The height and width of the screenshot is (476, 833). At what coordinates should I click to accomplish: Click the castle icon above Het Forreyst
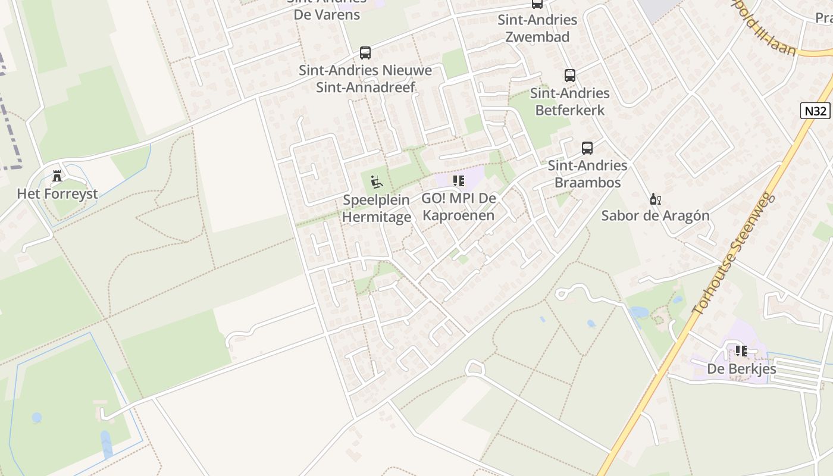57,176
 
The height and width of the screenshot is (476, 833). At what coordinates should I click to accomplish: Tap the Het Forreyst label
57,194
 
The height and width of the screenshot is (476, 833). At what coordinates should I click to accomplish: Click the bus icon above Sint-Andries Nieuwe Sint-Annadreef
365,53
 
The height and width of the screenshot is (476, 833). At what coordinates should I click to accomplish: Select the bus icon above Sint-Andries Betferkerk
569,76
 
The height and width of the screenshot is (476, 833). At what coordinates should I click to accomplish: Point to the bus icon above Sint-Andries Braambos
587,148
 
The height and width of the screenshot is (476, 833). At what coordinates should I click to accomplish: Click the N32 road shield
815,111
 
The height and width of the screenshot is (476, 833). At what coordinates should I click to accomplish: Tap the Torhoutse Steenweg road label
734,254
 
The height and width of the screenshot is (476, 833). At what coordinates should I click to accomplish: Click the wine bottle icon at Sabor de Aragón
655,199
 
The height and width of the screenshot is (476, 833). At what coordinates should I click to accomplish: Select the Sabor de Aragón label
655,215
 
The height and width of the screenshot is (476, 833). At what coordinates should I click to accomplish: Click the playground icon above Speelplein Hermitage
377,181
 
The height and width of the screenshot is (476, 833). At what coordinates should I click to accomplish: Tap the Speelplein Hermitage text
377,208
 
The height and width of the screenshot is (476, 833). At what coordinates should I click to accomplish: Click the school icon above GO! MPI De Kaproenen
458,180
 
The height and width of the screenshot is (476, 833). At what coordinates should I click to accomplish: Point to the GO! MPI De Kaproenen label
458,206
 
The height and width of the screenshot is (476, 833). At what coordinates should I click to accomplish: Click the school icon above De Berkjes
741,351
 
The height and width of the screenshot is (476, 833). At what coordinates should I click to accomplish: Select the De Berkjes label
741,369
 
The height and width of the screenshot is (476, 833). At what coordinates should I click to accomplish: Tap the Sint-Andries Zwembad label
537,28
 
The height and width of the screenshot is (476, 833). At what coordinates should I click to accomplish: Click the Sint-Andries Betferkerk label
569,102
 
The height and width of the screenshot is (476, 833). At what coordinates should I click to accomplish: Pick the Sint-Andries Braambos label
587,174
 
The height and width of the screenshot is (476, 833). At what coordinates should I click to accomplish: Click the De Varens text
327,14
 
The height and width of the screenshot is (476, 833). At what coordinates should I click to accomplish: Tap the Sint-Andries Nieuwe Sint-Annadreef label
365,79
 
